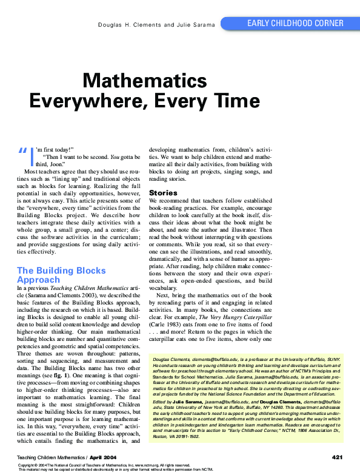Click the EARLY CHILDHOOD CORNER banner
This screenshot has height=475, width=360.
(295, 24)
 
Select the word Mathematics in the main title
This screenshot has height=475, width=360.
(136, 81)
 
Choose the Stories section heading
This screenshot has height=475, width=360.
(163, 193)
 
